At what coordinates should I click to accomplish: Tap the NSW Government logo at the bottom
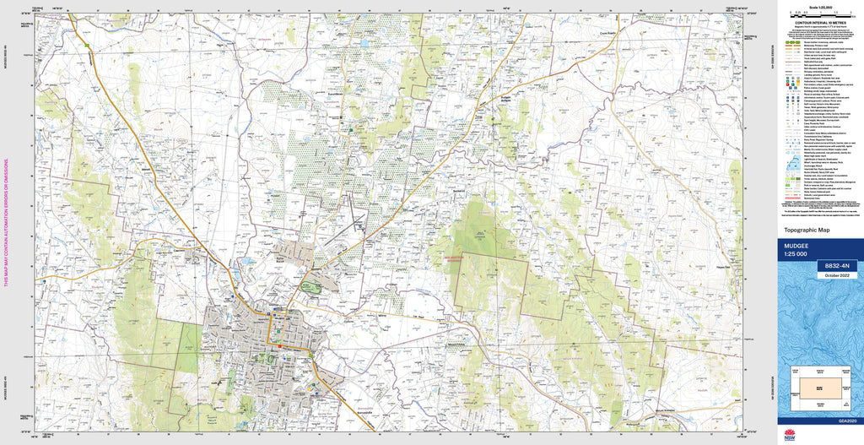[x=789, y=435]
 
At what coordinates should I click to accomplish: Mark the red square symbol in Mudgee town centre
[x=279, y=345]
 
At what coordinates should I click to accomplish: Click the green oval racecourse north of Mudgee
[x=310, y=288]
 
